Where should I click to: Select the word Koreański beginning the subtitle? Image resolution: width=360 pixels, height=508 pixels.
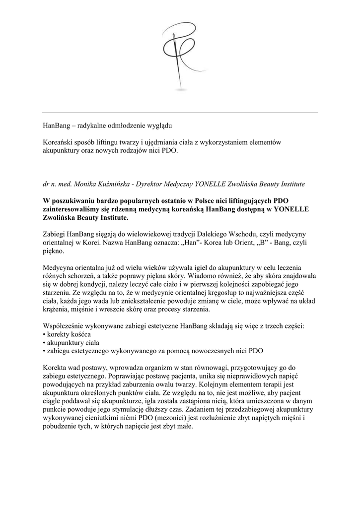[x=59, y=142]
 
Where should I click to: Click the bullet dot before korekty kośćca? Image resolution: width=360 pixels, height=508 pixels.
[x=44, y=336]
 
